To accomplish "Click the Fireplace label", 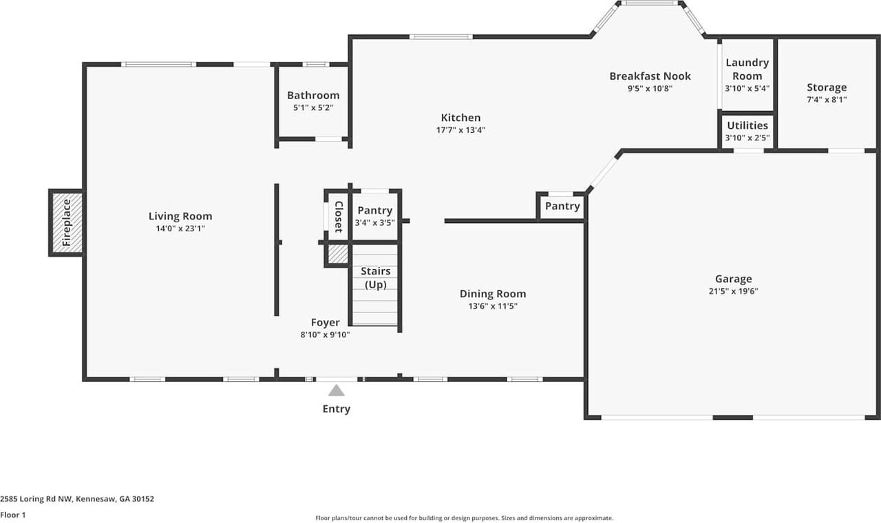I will [67, 222].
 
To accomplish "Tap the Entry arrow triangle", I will [336, 391].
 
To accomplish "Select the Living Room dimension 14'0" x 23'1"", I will [180, 228].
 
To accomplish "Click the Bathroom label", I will [313, 96].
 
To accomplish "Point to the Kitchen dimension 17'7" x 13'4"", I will [460, 130].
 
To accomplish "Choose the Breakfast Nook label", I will [650, 76].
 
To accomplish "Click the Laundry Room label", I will [747, 70].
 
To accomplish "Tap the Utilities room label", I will [747, 125].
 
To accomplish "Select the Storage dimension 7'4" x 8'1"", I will [827, 100].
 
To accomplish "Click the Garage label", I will [733, 279].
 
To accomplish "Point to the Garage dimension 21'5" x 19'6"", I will [733, 291].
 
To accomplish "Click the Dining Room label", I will [493, 294].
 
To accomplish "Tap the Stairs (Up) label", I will [375, 278].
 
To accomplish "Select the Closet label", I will [338, 217].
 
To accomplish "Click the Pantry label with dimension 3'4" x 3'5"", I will [375, 211].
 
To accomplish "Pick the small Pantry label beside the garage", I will [562, 206].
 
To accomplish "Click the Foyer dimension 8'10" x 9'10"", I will [325, 335].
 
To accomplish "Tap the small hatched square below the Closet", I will [337, 254].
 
